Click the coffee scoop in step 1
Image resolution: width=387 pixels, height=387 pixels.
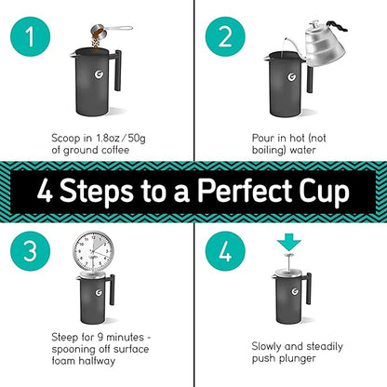coord(101,29)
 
